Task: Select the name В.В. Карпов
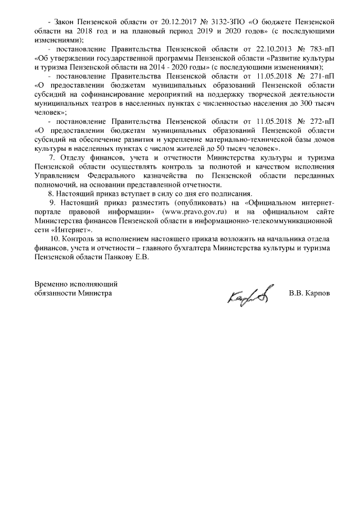pyautogui.click(x=309, y=293)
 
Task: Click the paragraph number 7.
pyautogui.click(x=52, y=157)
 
